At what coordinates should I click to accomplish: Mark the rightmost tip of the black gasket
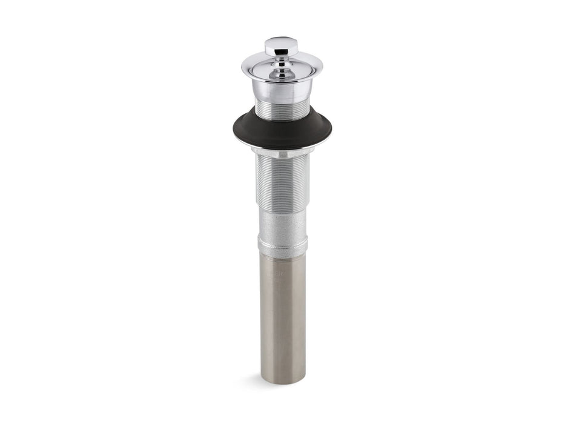pyautogui.click(x=331, y=128)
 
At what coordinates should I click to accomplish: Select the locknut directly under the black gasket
pyautogui.click(x=282, y=150)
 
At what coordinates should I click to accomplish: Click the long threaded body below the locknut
pyautogui.click(x=282, y=182)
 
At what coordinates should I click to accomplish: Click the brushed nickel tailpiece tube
pyautogui.click(x=282, y=315)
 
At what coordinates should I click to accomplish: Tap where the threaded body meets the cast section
pyautogui.click(x=282, y=211)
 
